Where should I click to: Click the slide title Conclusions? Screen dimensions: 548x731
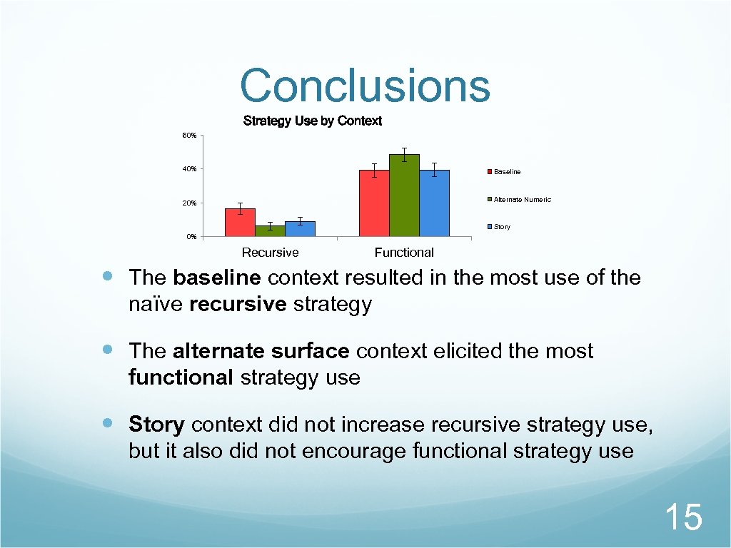click(x=365, y=86)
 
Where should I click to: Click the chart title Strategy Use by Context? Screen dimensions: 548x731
click(x=312, y=121)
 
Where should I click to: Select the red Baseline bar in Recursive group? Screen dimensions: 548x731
click(x=240, y=222)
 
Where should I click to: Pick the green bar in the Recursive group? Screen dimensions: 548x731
click(x=270, y=230)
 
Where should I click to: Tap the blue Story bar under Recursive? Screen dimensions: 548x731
click(x=300, y=228)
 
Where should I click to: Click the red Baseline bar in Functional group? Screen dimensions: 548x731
click(x=374, y=203)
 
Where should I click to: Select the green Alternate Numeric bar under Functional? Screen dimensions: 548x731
click(x=404, y=196)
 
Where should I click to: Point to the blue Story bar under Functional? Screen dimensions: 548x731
click(x=434, y=203)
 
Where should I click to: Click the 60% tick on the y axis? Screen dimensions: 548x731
click(x=189, y=135)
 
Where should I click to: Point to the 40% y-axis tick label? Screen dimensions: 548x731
click(x=189, y=169)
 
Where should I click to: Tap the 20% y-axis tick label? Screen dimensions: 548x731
click(x=189, y=203)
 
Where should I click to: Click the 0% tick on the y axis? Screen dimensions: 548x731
click(x=191, y=237)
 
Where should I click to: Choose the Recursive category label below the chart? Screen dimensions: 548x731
click(x=270, y=253)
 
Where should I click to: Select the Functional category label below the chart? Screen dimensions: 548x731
click(x=404, y=253)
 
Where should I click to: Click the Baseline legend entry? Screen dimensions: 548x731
click(x=507, y=172)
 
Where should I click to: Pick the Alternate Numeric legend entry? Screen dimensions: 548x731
click(x=522, y=200)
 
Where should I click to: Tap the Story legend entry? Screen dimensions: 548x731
click(x=502, y=227)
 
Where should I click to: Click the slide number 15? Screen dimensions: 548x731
click(x=683, y=517)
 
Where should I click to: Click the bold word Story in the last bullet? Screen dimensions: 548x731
click(x=157, y=425)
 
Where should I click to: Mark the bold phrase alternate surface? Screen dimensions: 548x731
click(x=261, y=351)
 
